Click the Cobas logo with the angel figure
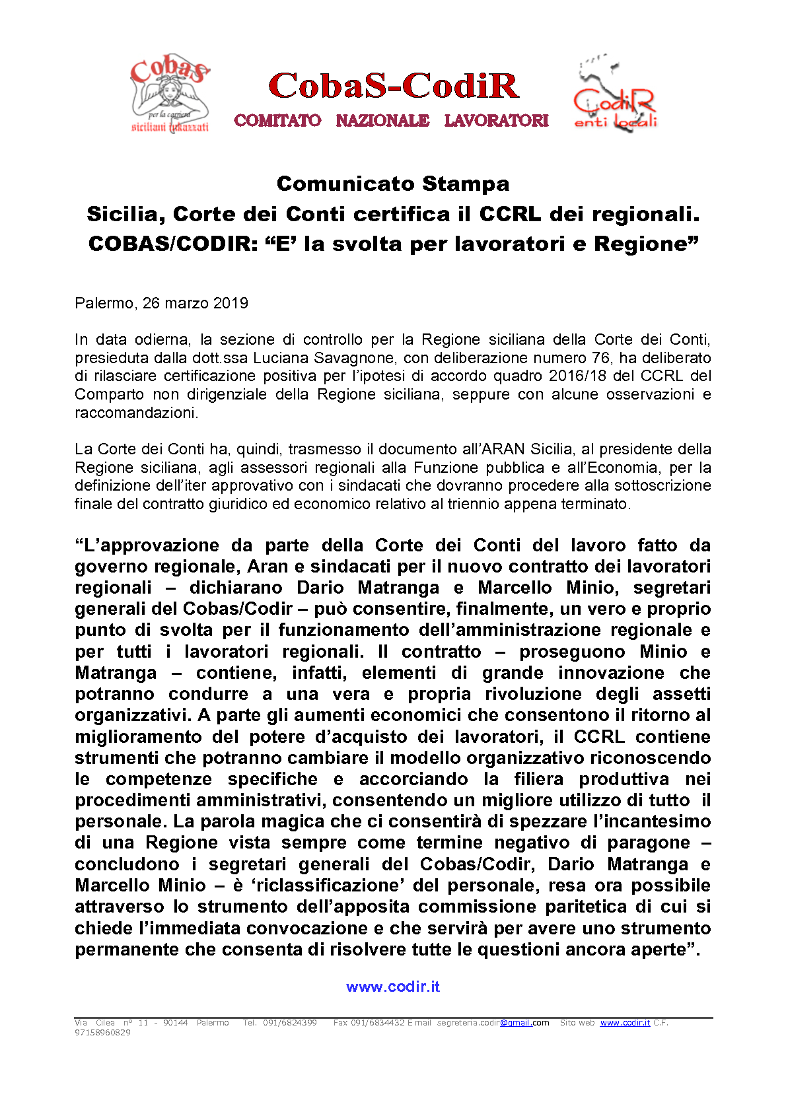[x=170, y=94]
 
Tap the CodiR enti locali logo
[x=615, y=95]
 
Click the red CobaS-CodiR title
[x=394, y=86]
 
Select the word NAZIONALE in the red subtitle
[x=382, y=120]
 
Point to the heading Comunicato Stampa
[x=393, y=183]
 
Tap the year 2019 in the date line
[x=231, y=303]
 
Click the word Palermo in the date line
[x=104, y=303]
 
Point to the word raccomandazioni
[x=136, y=413]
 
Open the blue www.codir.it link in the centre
[x=393, y=987]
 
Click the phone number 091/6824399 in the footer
[x=289, y=1023]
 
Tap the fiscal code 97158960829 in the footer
[x=102, y=1033]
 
